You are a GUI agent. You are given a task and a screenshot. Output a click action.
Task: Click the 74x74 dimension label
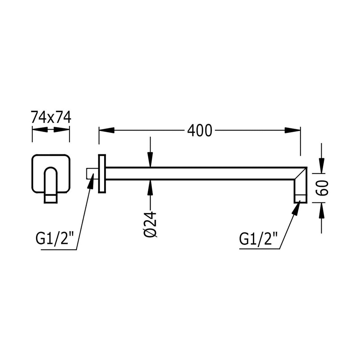[51, 117]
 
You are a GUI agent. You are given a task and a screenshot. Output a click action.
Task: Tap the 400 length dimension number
[199, 130]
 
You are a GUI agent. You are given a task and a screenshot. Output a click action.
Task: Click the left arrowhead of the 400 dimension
[106, 130]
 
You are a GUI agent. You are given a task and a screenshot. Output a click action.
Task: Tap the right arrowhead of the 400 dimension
[292, 130]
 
